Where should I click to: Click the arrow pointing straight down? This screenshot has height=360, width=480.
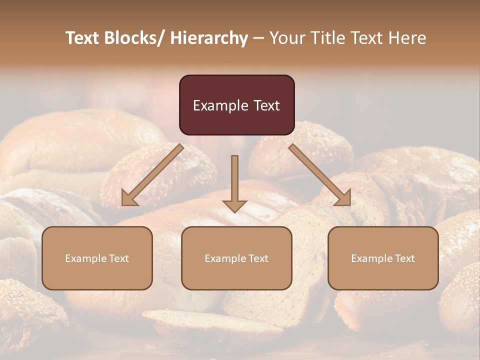[234, 182]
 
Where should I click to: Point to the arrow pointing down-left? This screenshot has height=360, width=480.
[152, 175]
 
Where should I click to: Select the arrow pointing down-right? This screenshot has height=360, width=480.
[320, 175]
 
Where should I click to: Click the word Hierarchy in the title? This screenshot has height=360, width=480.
[209, 38]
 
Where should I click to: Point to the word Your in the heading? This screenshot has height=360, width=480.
[287, 38]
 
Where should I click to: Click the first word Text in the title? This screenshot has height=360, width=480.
[83, 38]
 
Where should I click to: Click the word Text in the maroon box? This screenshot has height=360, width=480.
[266, 105]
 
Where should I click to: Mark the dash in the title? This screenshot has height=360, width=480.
[258, 38]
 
